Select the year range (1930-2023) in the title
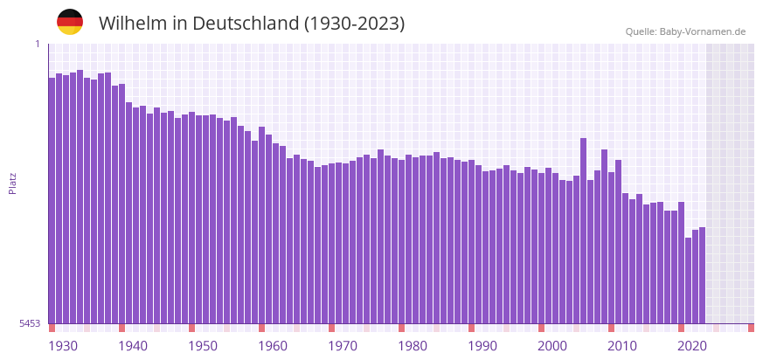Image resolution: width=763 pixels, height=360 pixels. pos(354,24)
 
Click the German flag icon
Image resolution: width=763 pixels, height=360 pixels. pos(70,22)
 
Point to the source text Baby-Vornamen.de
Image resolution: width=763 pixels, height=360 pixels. pos(703,31)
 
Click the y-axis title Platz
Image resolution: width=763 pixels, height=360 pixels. pos(12,183)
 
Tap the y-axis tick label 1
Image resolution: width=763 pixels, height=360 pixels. pos(37,45)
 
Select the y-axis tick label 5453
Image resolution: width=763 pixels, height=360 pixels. pos(30,323)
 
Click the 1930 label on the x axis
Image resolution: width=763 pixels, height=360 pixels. pos(63,346)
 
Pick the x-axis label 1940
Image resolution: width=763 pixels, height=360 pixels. pos(133,346)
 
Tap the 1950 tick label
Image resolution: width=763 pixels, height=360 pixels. pos(203,346)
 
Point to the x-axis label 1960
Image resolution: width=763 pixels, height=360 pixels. pos(273,346)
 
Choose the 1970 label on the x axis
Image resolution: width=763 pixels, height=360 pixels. pos(343,346)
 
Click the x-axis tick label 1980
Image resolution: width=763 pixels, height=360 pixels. pos(413,346)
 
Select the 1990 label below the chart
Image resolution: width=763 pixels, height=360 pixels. pos(482,346)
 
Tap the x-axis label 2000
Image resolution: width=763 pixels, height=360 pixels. pos(552,346)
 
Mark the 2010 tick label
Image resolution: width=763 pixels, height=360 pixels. pos(622,346)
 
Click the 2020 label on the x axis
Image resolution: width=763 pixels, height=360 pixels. pos(692,346)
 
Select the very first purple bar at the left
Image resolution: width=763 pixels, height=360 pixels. pos(52,201)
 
